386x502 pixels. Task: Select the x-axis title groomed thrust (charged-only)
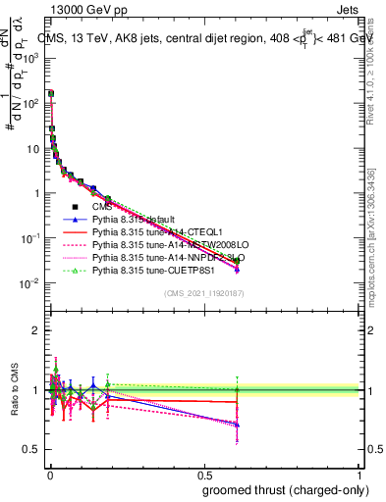(286, 489)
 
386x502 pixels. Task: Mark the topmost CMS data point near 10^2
(50, 94)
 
